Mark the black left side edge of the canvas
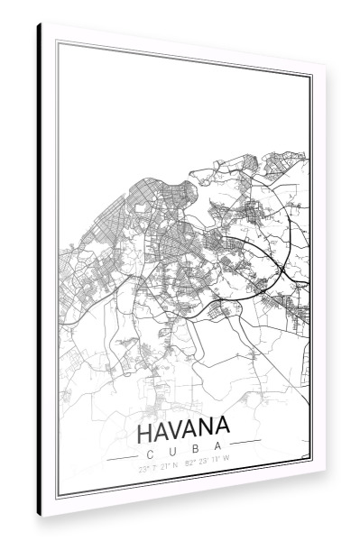[x=39, y=270]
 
